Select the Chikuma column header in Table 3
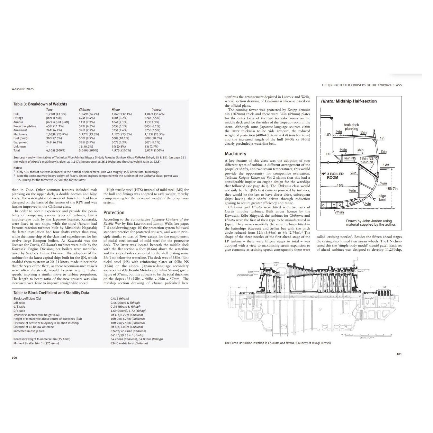click(85, 110)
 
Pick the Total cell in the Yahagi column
click(154, 150)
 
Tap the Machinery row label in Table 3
click(20, 134)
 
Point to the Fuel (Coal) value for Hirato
click(121, 138)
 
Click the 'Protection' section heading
click(114, 212)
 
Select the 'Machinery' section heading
click(235, 154)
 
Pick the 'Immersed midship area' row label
click(29, 331)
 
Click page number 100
click(14, 358)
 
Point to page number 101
click(399, 354)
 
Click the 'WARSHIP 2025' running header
click(23, 89)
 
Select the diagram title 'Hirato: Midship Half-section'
click(349, 101)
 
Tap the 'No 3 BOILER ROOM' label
click(332, 176)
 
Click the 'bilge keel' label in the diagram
click(382, 198)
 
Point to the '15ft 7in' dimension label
click(392, 189)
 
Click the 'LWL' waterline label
click(386, 165)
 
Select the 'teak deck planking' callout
click(351, 127)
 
